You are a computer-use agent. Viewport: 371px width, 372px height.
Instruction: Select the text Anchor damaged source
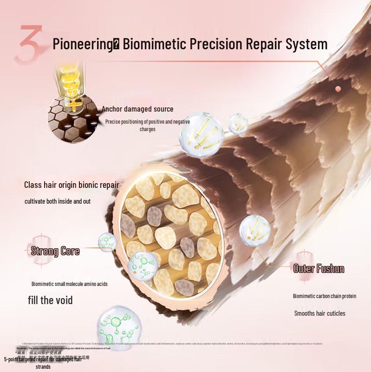coord(137,109)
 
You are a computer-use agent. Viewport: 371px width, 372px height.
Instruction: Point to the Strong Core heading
coord(55,252)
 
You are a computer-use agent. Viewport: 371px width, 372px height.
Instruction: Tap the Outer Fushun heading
coord(319,268)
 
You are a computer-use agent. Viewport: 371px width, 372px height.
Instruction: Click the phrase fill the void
coord(50,300)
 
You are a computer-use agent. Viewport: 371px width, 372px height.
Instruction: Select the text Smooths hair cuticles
coord(319,313)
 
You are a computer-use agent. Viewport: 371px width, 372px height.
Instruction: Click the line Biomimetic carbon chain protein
coord(324,296)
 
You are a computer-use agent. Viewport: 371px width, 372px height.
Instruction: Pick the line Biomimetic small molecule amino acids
coord(69,284)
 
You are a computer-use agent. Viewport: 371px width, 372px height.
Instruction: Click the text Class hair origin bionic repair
coord(72,185)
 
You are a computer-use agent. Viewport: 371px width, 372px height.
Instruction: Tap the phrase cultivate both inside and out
coord(58,201)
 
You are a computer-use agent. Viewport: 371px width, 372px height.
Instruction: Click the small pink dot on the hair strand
coord(338,88)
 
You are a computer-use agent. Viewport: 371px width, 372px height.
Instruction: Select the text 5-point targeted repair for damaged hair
coord(43,359)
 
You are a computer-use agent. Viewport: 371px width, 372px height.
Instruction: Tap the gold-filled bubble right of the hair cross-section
coord(254,230)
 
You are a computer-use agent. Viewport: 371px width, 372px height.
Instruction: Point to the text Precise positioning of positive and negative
coord(148,122)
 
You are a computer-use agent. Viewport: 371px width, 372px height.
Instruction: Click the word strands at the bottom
coord(43,367)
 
